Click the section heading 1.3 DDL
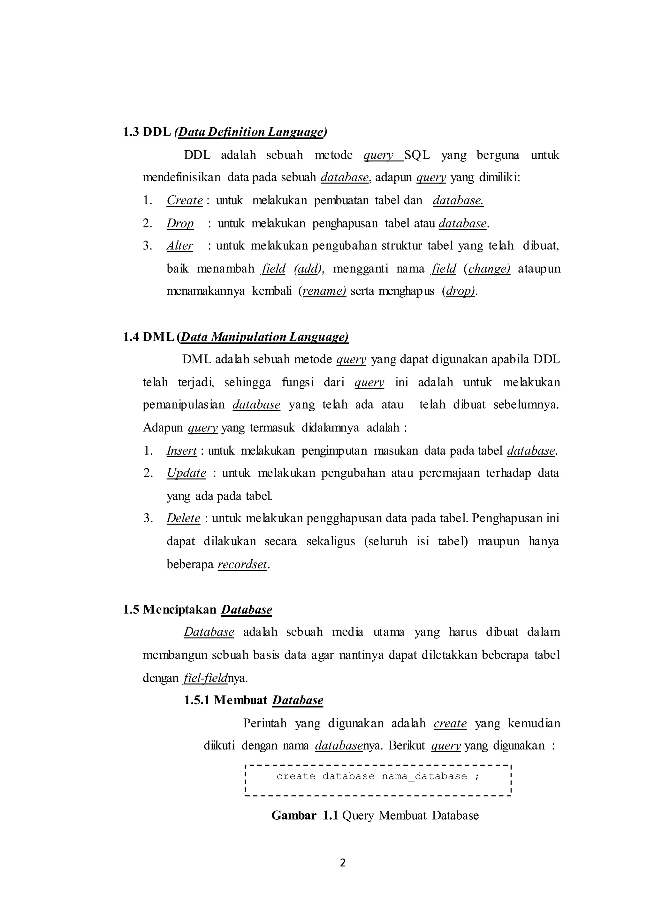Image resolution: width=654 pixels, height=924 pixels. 224,132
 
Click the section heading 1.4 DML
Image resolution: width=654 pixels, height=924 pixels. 236,337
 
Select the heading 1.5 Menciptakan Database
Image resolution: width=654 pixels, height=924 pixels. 197,610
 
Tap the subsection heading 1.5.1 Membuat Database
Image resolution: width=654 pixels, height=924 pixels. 253,700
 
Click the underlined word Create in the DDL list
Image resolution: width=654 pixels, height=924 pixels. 185,200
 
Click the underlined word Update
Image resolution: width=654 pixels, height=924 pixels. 186,473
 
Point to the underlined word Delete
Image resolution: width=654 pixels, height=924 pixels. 183,518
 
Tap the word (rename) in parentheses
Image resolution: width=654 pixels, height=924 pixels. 322,291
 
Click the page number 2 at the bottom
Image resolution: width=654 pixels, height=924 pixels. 343,862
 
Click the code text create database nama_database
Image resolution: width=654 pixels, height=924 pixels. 378,776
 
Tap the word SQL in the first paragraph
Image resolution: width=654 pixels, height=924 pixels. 417,155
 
